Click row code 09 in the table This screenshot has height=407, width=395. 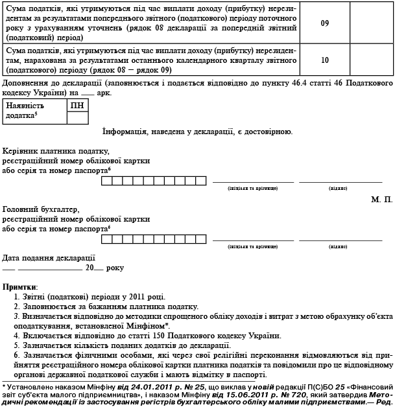tap(325, 23)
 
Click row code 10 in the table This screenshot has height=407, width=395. tap(325, 60)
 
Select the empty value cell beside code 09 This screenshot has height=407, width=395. tap(371, 23)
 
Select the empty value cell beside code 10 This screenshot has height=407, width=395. tap(371, 60)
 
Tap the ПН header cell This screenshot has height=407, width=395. tap(77, 105)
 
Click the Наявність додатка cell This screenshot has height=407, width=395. tap(34, 111)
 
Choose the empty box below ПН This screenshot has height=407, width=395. tap(77, 117)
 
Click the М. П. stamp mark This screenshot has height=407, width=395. tap(382, 200)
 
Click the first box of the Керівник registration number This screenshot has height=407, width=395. tap(105, 180)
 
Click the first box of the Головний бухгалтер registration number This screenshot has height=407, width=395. tap(105, 238)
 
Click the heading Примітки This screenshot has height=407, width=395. tap(20, 286)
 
